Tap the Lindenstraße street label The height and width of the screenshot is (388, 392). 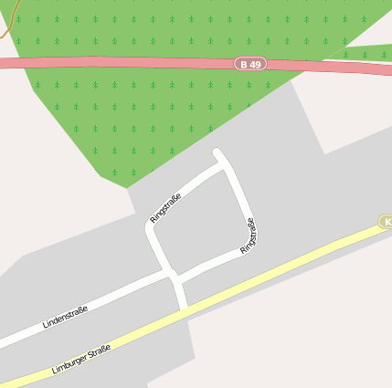65,318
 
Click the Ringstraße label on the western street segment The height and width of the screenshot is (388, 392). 165,208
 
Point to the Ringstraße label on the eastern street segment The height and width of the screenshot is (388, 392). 248,236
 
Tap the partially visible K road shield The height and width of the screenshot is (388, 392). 387,222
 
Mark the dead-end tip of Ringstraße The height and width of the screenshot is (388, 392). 217,152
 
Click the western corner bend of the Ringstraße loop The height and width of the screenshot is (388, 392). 151,229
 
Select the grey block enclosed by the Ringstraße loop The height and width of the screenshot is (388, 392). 196,219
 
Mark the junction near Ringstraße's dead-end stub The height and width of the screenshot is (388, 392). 222,165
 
